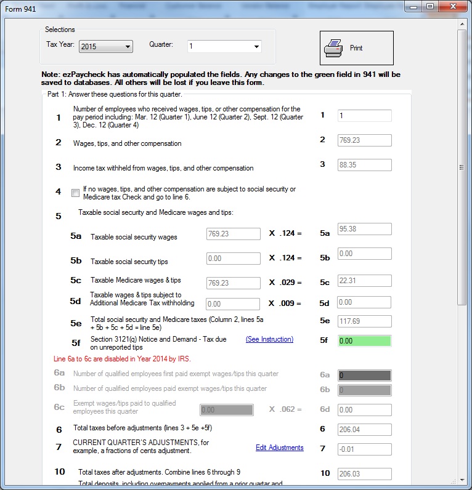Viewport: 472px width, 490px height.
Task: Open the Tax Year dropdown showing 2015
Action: (x=106, y=46)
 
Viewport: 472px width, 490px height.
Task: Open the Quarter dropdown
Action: (x=225, y=46)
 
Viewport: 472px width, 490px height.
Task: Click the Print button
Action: (x=356, y=48)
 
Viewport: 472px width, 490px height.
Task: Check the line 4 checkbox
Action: (x=76, y=193)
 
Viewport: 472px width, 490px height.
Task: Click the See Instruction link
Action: (x=269, y=339)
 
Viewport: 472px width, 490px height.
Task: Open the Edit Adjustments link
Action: (x=279, y=448)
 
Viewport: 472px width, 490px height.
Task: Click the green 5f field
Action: (x=364, y=340)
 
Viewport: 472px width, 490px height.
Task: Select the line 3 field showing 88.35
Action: (x=364, y=165)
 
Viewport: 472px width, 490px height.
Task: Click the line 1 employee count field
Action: (x=364, y=116)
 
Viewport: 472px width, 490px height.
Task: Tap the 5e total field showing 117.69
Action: (x=364, y=321)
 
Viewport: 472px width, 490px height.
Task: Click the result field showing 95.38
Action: (x=364, y=229)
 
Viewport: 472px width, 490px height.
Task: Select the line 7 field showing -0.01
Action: (x=364, y=449)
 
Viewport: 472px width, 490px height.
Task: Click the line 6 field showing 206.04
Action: (x=364, y=430)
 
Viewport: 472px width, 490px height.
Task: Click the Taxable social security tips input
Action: (x=234, y=259)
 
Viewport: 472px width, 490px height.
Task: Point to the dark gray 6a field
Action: (x=364, y=376)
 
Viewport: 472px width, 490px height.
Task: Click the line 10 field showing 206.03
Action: (x=364, y=473)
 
